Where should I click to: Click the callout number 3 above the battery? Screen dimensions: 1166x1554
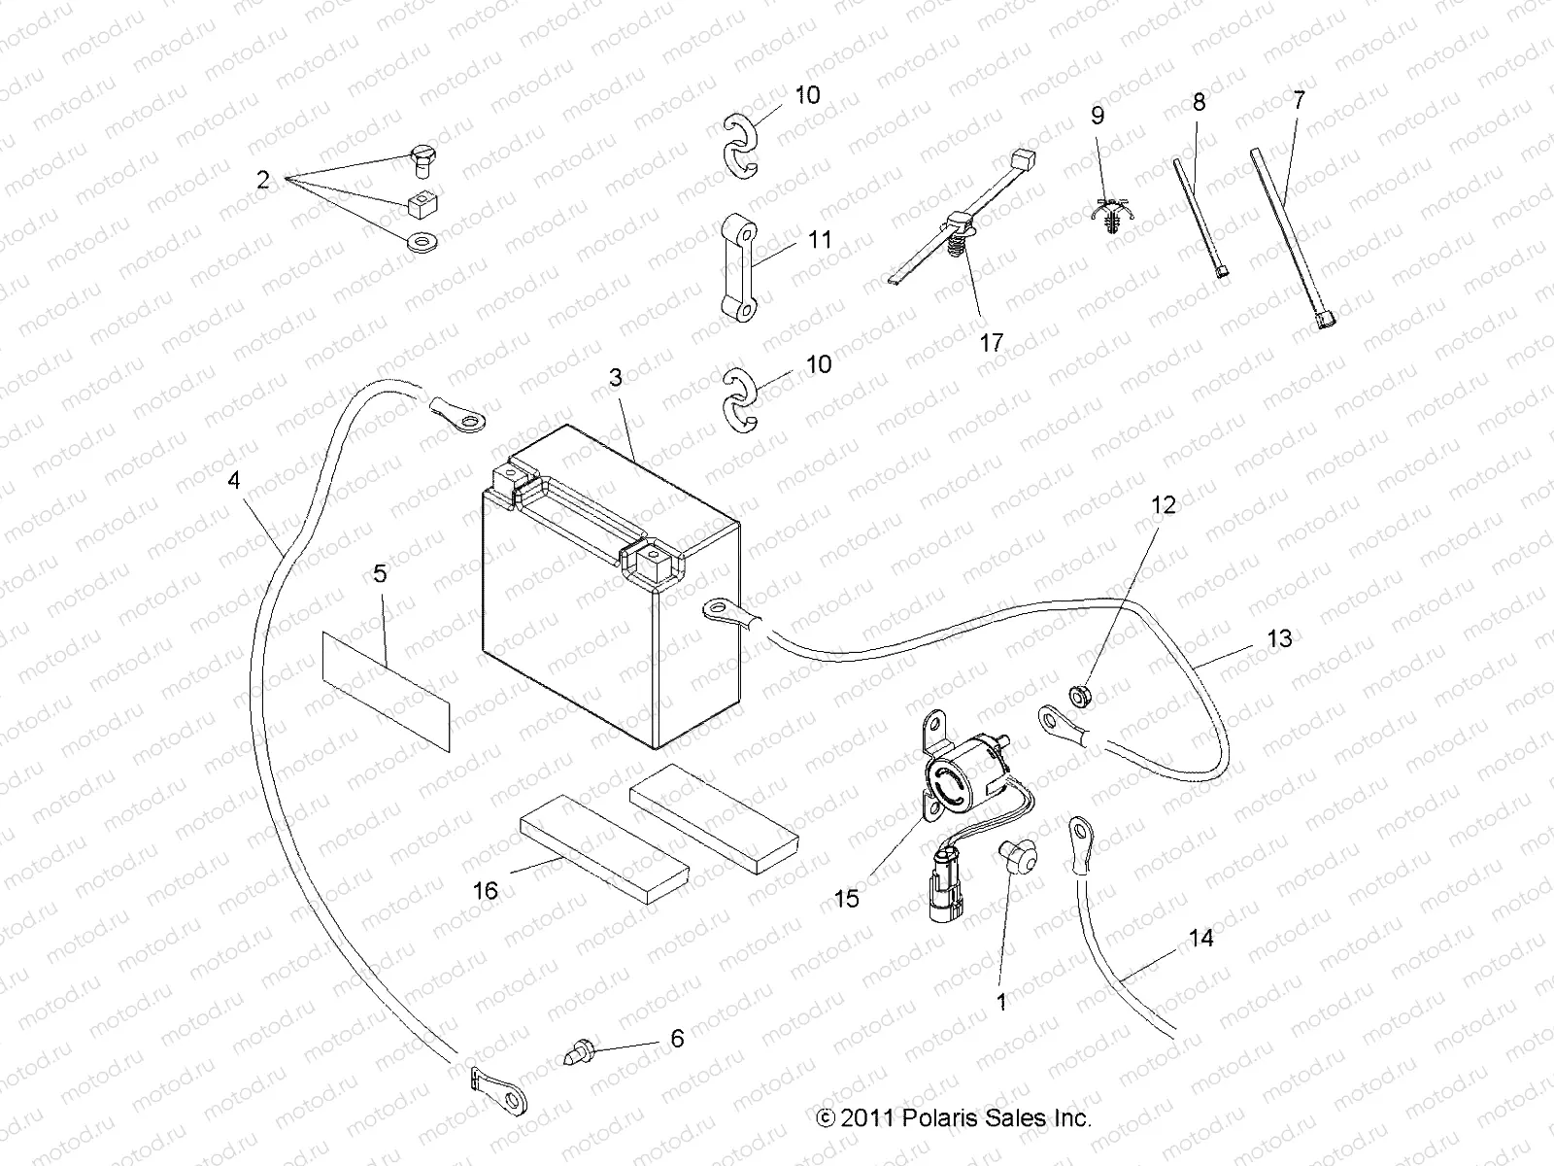615,377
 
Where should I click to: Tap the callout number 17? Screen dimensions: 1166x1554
991,343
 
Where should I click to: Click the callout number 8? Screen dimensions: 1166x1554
1199,102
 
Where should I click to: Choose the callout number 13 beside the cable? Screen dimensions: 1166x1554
1280,638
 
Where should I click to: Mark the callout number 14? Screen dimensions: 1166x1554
1200,938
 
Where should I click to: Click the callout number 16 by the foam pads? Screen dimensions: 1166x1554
485,890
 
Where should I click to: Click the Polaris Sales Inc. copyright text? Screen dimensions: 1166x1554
954,1117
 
